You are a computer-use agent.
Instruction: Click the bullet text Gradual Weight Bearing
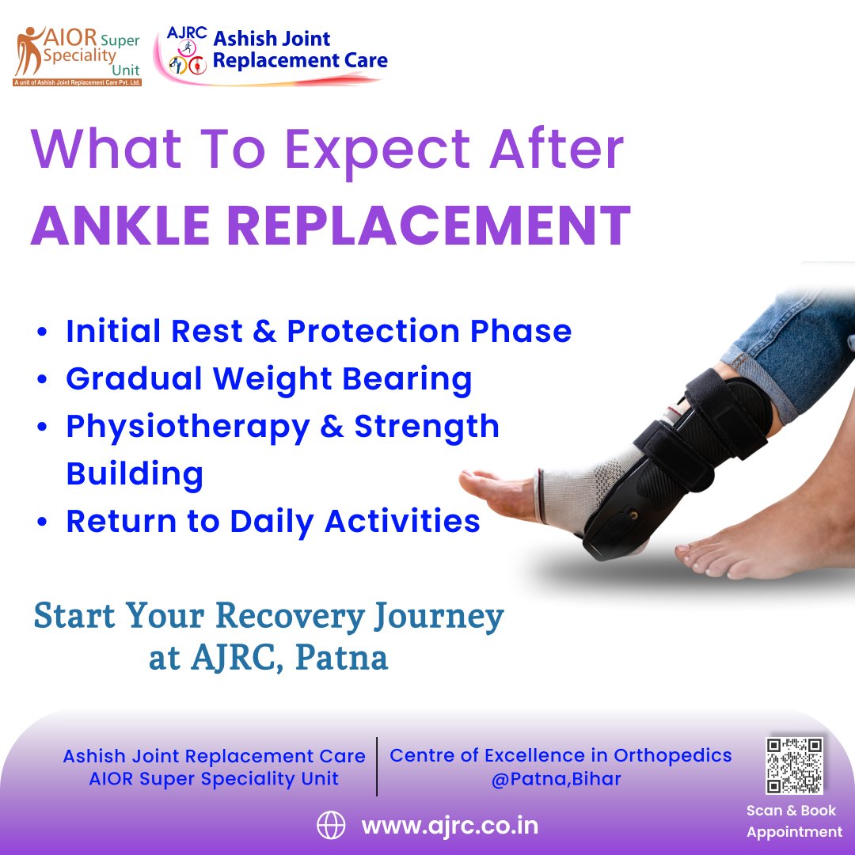[268, 379]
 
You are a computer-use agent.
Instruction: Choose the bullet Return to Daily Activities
[272, 521]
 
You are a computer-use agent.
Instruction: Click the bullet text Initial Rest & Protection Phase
[318, 331]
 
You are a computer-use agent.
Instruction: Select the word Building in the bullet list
[135, 473]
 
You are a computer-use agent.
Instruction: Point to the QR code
[794, 766]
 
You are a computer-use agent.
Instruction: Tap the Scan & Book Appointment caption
[794, 821]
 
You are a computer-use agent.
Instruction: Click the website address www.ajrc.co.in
[450, 826]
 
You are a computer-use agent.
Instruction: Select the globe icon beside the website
[331, 826]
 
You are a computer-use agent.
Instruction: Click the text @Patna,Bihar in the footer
[556, 778]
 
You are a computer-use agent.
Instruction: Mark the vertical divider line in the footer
[377, 766]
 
